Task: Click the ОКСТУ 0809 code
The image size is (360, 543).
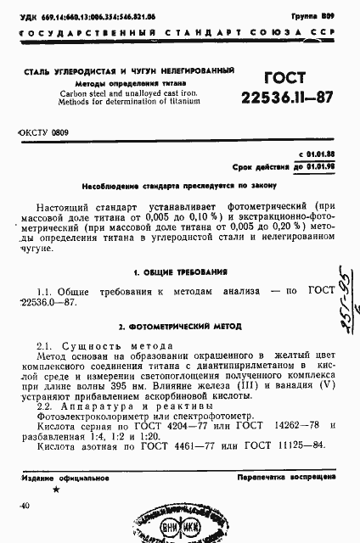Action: (x=42, y=132)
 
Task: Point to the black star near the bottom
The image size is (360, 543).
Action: (x=57, y=490)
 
